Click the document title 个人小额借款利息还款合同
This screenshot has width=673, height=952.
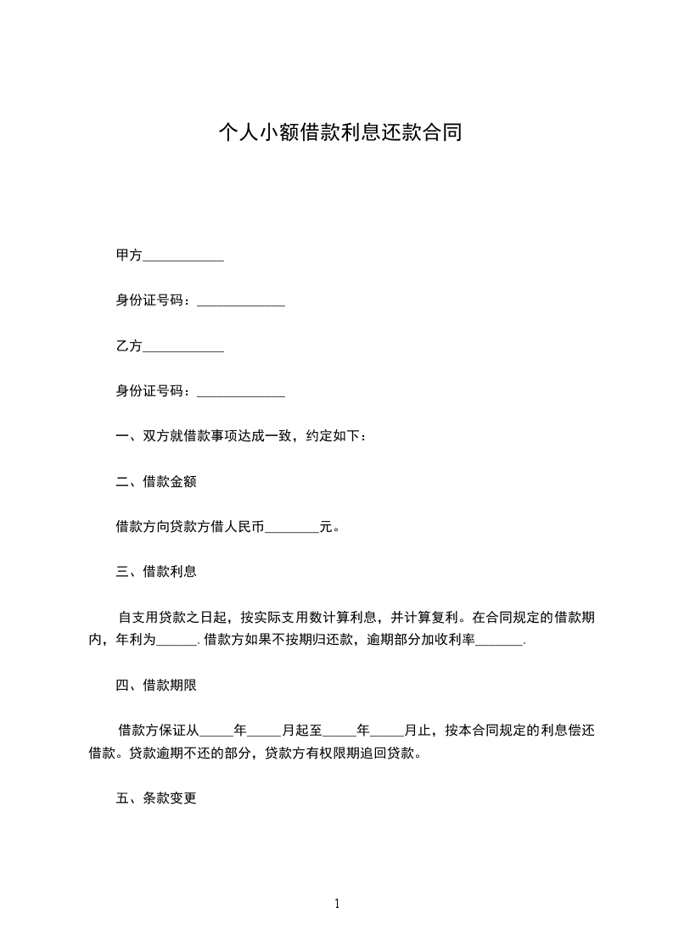(x=339, y=133)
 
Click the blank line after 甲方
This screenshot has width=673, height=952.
(x=183, y=255)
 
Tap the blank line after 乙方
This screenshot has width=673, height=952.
(x=183, y=346)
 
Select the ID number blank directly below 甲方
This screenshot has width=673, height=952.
(x=241, y=301)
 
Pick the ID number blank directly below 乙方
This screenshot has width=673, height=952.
(x=241, y=392)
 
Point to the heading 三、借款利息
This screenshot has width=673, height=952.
(x=156, y=572)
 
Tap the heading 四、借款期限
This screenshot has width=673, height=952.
(x=156, y=684)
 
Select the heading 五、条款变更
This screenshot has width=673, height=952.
(x=156, y=798)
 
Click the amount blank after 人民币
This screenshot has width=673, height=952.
(x=292, y=527)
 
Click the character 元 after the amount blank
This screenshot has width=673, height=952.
(x=325, y=527)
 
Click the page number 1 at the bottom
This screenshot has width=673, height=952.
(x=337, y=904)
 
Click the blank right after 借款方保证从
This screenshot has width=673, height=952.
(x=216, y=729)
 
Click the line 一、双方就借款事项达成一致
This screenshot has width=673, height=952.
(x=241, y=437)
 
